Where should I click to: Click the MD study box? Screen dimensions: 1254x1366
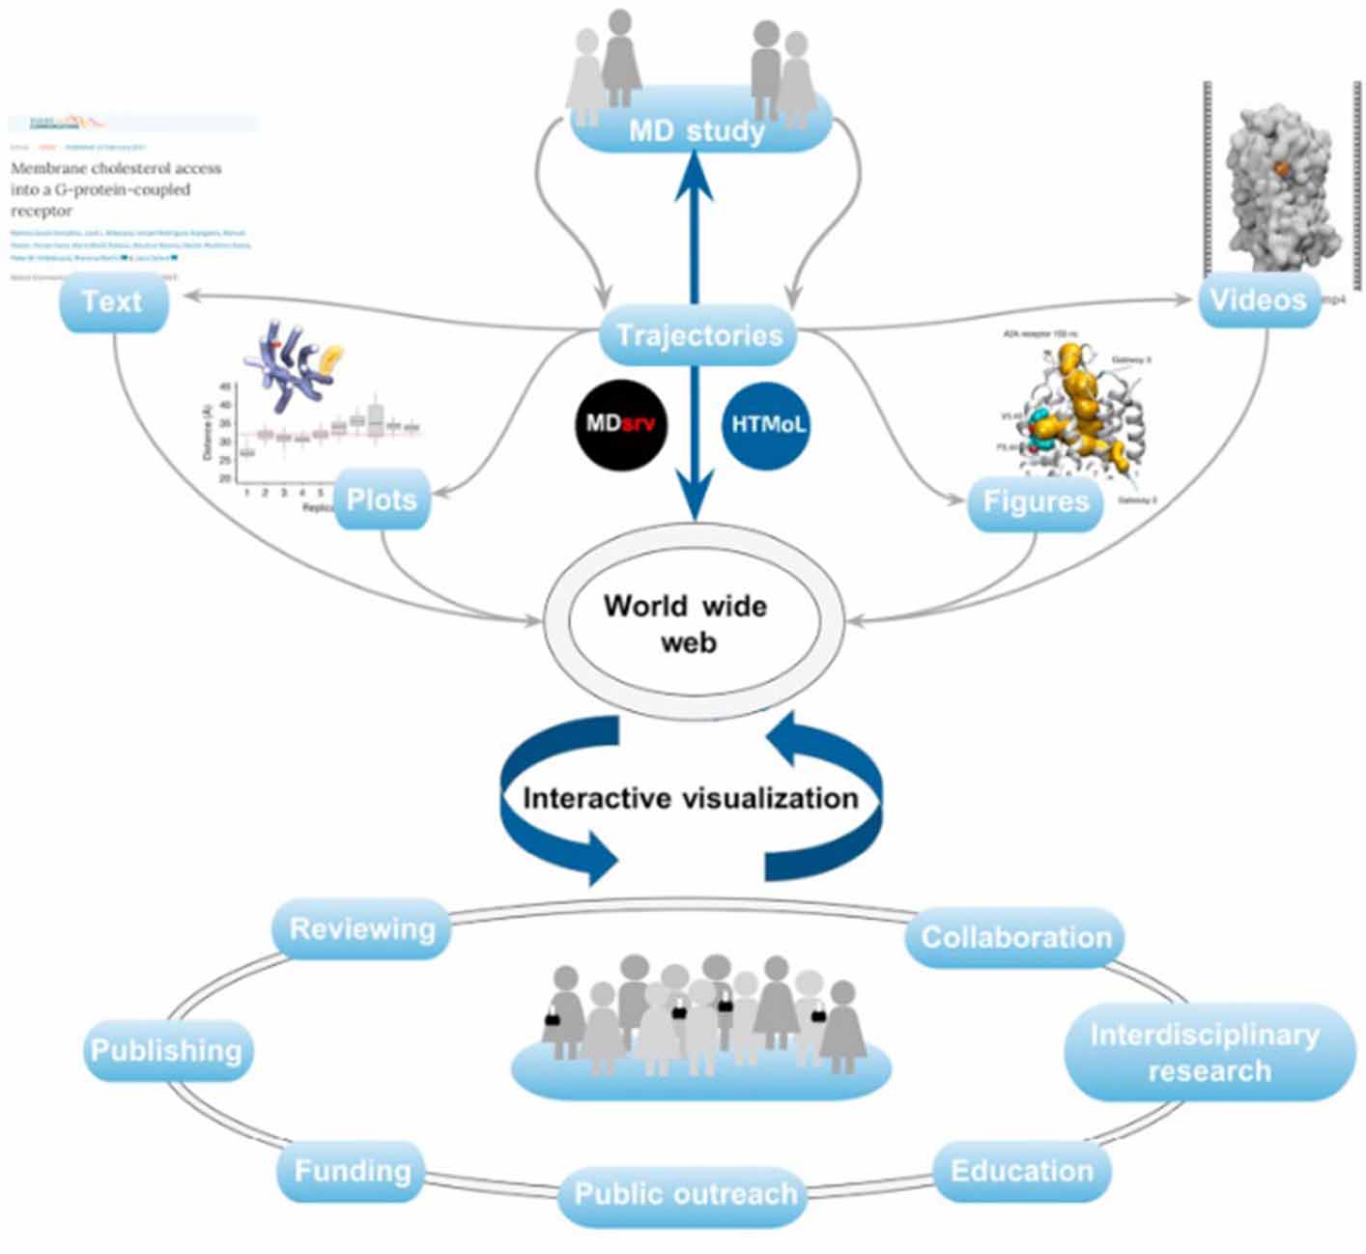pos(697,129)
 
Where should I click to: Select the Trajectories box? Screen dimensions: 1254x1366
pos(698,335)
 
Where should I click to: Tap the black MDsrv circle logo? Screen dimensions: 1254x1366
pos(622,424)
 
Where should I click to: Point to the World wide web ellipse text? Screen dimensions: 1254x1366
pos(686,623)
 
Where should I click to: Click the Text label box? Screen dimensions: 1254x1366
pos(113,301)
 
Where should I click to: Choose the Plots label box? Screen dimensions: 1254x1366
pos(382,499)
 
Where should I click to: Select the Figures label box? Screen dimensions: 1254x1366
pos(1036,501)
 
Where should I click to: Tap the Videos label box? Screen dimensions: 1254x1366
pos(1258,299)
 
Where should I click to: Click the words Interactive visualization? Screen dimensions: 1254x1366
pos(690,798)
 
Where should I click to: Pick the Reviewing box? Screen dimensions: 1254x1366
pos(362,928)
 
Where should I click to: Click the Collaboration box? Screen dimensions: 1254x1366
pos(1015,936)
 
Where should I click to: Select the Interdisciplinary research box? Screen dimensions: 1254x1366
pos(1208,1052)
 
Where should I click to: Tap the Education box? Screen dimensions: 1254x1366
pos(1022,1171)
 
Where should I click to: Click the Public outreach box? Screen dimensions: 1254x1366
pos(685,1194)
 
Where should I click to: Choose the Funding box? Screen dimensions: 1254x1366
pos(352,1171)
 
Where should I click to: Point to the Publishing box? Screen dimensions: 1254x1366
pos(166,1050)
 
